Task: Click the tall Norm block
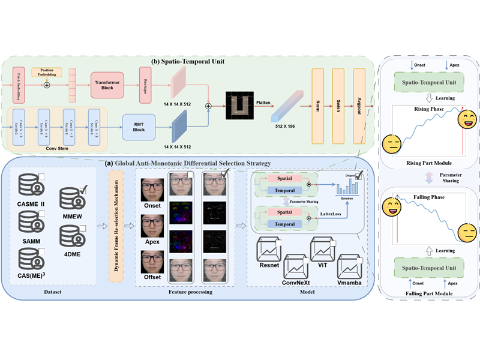[319, 101]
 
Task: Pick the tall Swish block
[338, 101]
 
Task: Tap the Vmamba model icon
[353, 265]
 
